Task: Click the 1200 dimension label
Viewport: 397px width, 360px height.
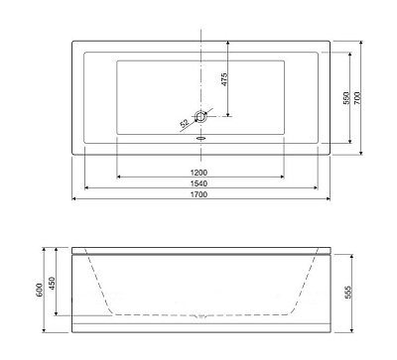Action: pyautogui.click(x=198, y=173)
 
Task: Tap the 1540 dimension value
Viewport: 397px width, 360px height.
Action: pyautogui.click(x=198, y=183)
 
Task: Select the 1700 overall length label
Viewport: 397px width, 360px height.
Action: pyautogui.click(x=198, y=194)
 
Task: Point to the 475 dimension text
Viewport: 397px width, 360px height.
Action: pyautogui.click(x=224, y=79)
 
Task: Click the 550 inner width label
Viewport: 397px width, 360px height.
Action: pyautogui.click(x=346, y=98)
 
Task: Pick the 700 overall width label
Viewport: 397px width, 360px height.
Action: pyautogui.click(x=357, y=98)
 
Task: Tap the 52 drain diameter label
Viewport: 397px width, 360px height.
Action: pyautogui.click(x=185, y=123)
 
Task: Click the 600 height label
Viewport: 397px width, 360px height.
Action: pyautogui.click(x=40, y=290)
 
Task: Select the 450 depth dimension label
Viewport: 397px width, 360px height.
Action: pyautogui.click(x=53, y=284)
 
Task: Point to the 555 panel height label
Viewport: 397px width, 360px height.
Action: pyautogui.click(x=347, y=293)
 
